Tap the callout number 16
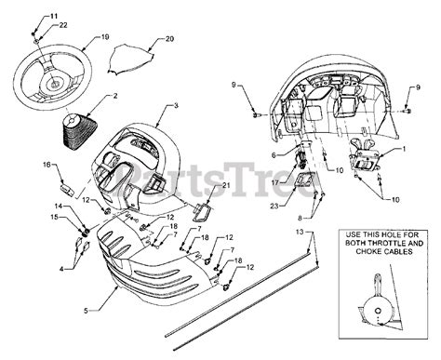point(46,165)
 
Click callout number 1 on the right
point(403,148)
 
